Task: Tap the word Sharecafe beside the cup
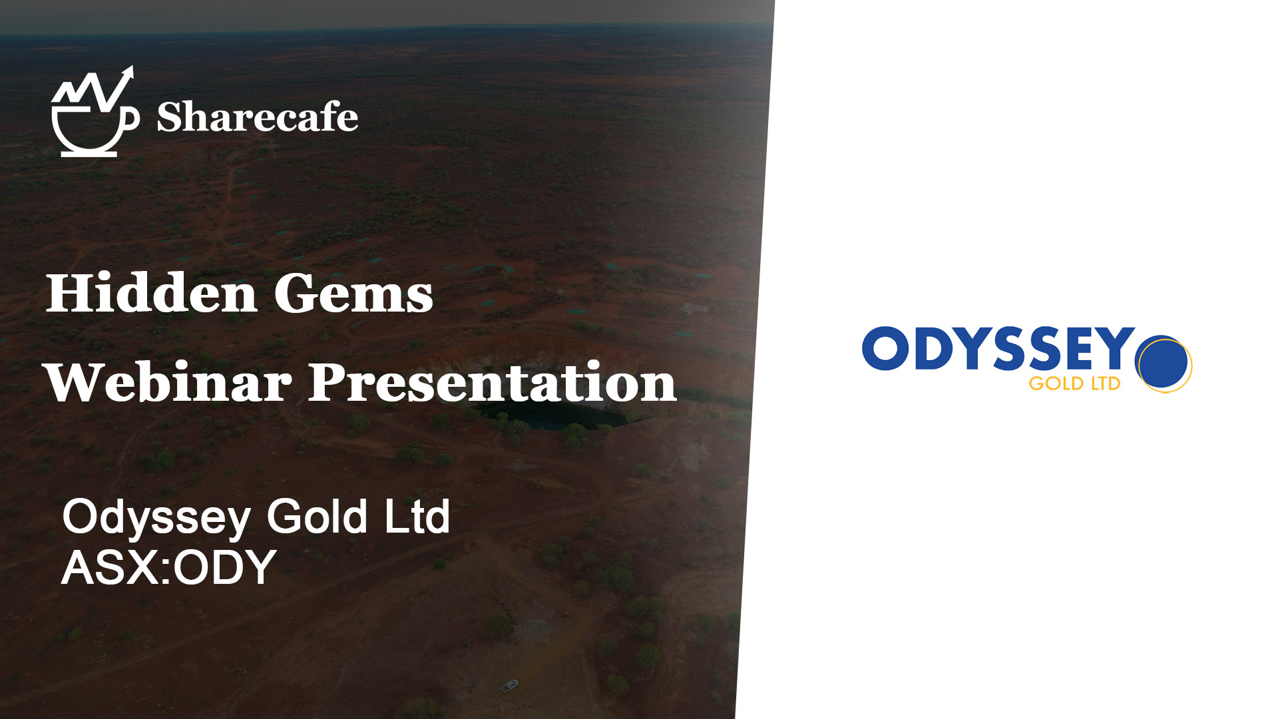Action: click(x=258, y=117)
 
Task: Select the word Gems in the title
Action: click(x=353, y=294)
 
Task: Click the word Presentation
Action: click(x=493, y=382)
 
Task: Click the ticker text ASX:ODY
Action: click(x=169, y=567)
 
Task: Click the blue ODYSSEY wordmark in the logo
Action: click(x=998, y=348)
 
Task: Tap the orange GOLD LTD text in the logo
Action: click(x=1075, y=384)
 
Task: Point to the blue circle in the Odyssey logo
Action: click(x=1163, y=363)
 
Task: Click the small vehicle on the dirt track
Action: click(x=509, y=685)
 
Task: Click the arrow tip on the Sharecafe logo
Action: click(x=130, y=68)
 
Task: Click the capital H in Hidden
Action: click(x=73, y=293)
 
